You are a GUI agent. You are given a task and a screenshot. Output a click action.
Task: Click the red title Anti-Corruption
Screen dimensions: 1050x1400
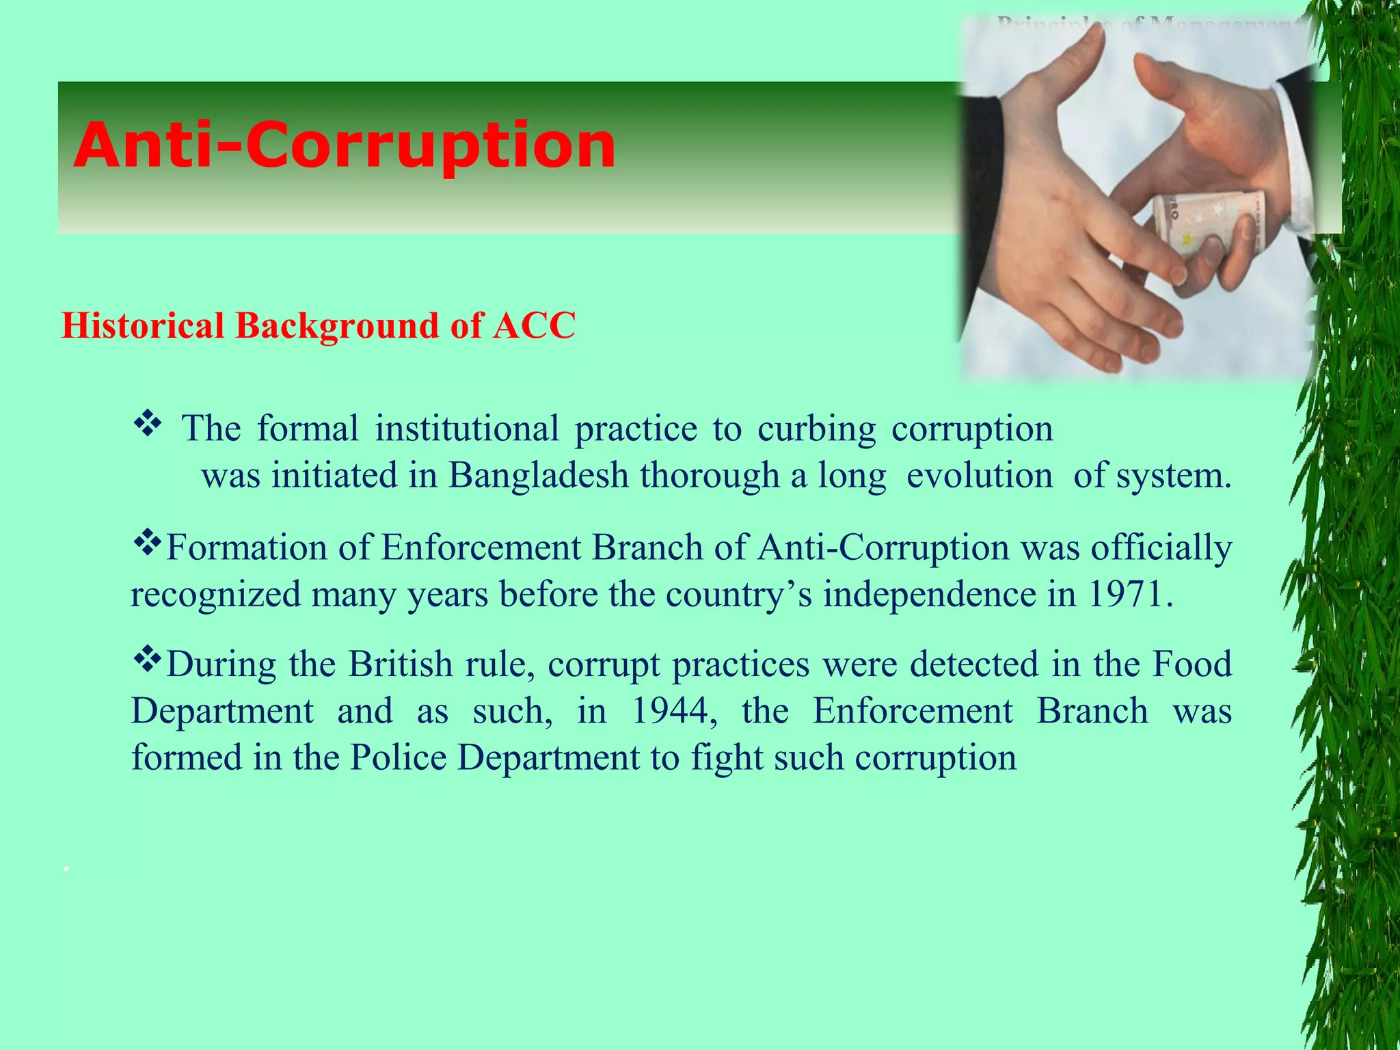click(344, 145)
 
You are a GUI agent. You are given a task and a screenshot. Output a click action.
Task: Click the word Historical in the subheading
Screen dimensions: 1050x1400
click(143, 325)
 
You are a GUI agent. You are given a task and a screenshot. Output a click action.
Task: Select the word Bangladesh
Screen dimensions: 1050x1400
click(538, 475)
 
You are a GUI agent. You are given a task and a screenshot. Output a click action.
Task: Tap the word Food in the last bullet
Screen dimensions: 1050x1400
click(1192, 664)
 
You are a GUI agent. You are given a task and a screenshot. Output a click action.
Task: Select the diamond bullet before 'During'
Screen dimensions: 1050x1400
click(146, 660)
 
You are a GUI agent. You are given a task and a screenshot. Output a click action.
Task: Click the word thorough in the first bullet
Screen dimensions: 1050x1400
click(710, 475)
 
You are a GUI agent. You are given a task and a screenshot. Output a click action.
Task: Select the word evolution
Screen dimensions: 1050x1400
click(979, 475)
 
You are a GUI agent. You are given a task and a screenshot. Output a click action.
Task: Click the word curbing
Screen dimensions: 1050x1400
click(816, 429)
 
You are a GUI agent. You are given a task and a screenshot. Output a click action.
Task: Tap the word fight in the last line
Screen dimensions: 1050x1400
click(727, 757)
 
